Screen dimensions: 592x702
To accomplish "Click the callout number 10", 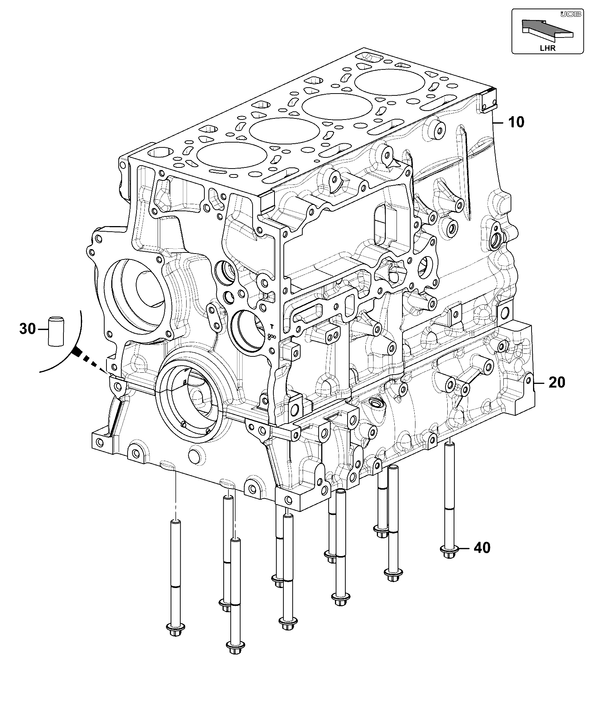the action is (516, 122).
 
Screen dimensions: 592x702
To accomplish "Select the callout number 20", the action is (556, 382).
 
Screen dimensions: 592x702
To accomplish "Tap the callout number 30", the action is (27, 329).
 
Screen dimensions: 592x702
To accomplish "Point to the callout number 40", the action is (482, 548).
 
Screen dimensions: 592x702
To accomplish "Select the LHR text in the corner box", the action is (548, 48).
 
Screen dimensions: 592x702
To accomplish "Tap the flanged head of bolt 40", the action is (448, 551).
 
